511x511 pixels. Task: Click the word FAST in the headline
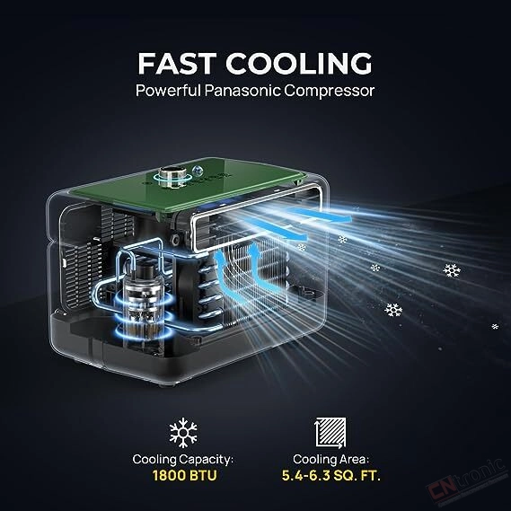[177, 63]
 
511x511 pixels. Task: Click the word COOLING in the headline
[299, 63]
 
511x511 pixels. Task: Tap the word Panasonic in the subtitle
[242, 91]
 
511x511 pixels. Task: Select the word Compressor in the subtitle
[330, 91]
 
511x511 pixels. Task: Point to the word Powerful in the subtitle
[169, 91]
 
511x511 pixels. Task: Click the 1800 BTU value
[184, 475]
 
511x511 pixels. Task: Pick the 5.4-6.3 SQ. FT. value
[330, 476]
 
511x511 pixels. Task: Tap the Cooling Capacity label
[183, 460]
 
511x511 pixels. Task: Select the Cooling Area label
[330, 460]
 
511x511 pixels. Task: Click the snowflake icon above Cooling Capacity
[183, 433]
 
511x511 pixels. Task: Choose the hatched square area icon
[330, 433]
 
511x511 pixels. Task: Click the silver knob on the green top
[172, 177]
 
